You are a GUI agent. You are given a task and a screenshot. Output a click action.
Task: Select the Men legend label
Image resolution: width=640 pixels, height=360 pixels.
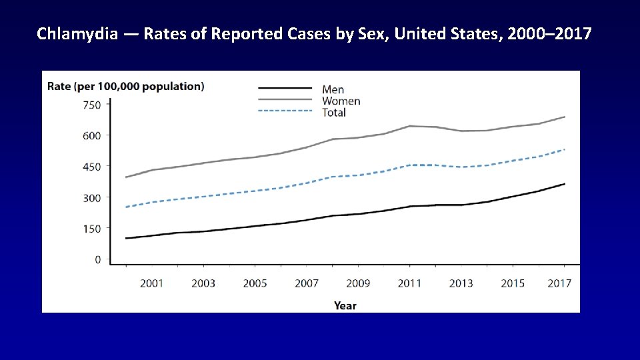click(x=333, y=89)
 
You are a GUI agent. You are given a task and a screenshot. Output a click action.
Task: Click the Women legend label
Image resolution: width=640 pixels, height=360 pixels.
click(x=341, y=101)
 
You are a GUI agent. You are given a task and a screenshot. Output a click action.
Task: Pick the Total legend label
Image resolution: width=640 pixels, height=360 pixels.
click(x=334, y=113)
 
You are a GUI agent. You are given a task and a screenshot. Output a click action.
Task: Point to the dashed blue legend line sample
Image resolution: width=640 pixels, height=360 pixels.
click(x=285, y=111)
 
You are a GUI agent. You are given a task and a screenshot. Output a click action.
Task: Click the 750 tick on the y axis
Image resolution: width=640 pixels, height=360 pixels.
click(x=92, y=105)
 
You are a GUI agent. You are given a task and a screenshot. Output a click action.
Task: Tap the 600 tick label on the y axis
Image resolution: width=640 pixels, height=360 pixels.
click(x=92, y=135)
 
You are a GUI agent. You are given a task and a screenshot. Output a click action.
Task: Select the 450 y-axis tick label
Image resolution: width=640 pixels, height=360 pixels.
click(x=92, y=167)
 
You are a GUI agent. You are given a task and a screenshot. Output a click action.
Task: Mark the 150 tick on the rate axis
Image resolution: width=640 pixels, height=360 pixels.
click(x=92, y=229)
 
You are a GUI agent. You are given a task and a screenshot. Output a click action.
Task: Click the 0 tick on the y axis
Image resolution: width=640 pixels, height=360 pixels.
click(x=97, y=259)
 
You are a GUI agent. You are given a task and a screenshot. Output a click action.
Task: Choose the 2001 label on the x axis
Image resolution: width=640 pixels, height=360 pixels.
click(x=151, y=283)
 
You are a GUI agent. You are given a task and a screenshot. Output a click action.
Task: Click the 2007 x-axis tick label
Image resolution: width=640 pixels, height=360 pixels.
click(x=307, y=283)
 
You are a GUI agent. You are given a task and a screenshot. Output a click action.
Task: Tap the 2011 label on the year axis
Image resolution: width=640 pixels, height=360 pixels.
click(x=409, y=283)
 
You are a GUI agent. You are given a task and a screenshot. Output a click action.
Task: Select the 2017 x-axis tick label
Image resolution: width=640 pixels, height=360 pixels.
click(x=559, y=283)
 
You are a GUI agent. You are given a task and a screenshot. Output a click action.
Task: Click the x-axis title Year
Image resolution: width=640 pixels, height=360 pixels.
click(x=345, y=305)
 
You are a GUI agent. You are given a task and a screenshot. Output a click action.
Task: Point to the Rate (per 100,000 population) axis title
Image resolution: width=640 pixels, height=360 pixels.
click(x=125, y=86)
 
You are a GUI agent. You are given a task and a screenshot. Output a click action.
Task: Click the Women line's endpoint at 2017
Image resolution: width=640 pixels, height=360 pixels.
click(x=565, y=117)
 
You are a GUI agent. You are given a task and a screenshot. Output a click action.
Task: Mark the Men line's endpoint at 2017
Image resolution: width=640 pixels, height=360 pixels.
click(x=565, y=183)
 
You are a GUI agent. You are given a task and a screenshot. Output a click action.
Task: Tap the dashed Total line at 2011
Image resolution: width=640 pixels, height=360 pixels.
click(x=410, y=165)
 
